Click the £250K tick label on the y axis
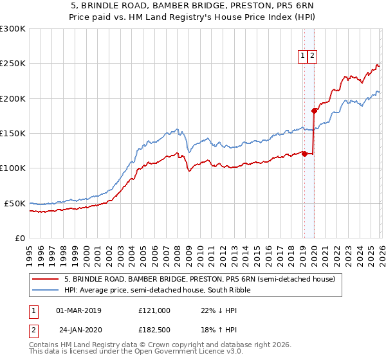click(x=13, y=64)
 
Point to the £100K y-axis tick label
click(x=13, y=168)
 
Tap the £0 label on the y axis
click(x=21, y=238)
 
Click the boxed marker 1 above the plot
click(x=302, y=56)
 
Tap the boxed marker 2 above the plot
click(x=312, y=56)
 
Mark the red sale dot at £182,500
click(x=314, y=111)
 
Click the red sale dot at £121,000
click(x=304, y=154)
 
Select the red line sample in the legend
click(x=46, y=280)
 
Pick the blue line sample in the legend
click(x=46, y=290)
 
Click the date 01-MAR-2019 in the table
click(x=79, y=310)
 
